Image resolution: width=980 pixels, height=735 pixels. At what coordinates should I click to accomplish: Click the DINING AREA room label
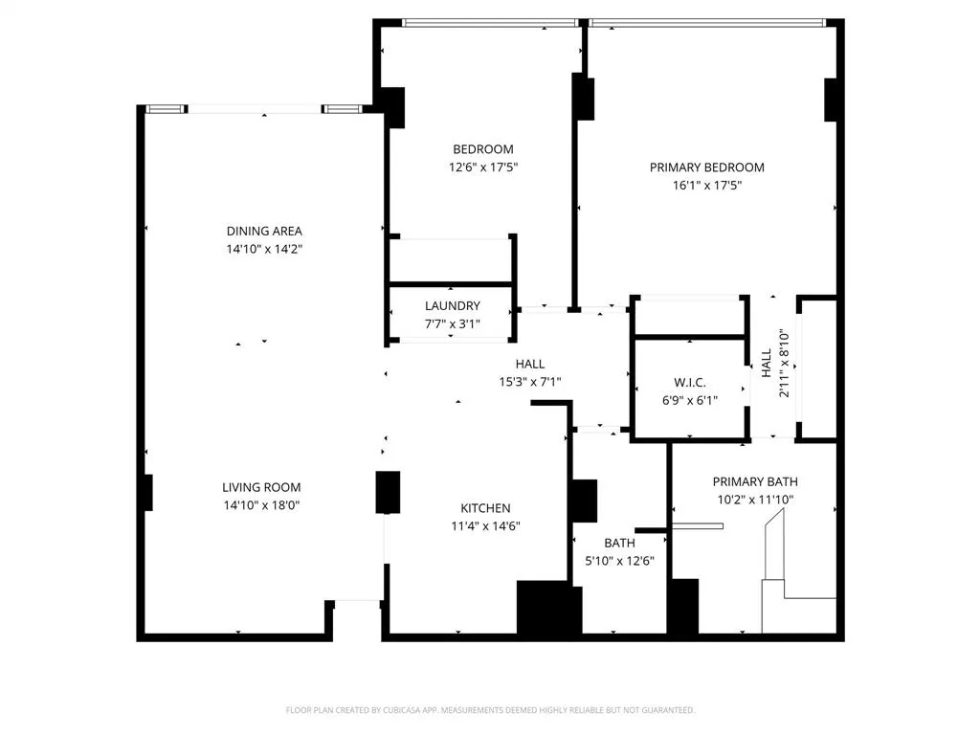(x=264, y=231)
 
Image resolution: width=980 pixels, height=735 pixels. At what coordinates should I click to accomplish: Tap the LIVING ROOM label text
(x=263, y=487)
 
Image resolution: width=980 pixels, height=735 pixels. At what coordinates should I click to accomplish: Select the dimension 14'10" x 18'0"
(x=263, y=505)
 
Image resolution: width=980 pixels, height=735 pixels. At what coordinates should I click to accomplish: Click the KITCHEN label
(x=485, y=508)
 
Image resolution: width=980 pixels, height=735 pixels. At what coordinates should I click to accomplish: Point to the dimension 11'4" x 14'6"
(x=485, y=525)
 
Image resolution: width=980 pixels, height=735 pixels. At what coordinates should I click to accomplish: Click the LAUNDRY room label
(x=453, y=306)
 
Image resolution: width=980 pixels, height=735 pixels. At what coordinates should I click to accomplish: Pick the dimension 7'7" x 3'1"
(x=453, y=323)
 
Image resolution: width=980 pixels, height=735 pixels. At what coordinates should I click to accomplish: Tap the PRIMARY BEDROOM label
(x=707, y=167)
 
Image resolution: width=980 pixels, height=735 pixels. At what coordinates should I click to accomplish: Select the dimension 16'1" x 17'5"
(x=707, y=186)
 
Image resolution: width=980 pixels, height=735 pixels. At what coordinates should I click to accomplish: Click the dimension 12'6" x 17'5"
(x=483, y=167)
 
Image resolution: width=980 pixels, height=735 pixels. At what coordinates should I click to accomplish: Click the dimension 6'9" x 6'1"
(x=690, y=401)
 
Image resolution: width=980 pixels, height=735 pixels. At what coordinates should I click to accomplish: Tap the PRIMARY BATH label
(x=755, y=481)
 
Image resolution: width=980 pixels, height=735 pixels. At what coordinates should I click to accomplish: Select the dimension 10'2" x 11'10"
(x=755, y=500)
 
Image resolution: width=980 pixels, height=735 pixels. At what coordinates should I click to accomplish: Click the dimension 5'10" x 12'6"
(x=619, y=561)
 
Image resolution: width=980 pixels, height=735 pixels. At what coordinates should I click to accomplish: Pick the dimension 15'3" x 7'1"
(x=530, y=382)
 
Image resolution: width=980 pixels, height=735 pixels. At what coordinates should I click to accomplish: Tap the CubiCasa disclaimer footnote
(x=490, y=710)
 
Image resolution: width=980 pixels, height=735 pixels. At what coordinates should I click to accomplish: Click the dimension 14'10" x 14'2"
(x=264, y=249)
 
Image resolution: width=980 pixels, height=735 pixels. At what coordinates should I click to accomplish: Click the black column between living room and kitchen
(x=388, y=492)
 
